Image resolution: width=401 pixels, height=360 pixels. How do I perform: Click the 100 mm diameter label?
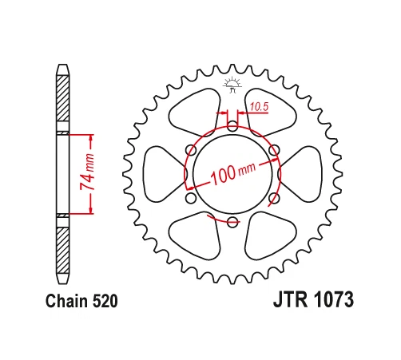point(232,172)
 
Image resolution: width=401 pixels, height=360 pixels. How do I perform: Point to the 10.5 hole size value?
point(259,105)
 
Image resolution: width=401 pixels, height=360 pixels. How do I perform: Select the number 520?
point(105,303)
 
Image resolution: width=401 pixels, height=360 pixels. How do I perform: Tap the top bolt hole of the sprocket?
point(232,125)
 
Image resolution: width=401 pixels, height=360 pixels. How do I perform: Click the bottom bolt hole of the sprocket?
point(232,221)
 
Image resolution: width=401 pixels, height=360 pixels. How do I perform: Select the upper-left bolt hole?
point(190,149)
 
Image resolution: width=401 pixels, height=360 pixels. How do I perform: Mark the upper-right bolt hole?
point(273,149)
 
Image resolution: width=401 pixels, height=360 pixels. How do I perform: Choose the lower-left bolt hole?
point(190,198)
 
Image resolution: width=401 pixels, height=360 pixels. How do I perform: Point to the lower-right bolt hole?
point(273,198)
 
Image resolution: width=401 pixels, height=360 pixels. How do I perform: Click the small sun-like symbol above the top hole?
point(232,83)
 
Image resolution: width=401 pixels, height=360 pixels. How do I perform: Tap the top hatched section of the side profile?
point(64,100)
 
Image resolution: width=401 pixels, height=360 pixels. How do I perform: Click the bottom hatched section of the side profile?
point(64,247)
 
